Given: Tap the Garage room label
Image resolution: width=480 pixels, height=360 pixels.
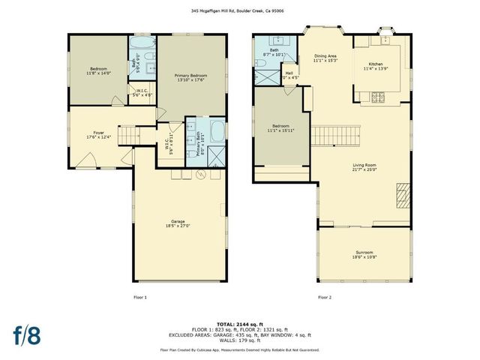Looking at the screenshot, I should [178, 223].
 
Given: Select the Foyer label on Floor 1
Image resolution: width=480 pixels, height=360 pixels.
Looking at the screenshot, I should [93, 135].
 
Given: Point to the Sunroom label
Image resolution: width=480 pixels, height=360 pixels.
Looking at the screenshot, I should [364, 254].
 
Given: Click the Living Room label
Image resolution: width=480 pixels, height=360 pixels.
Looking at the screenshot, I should [364, 168].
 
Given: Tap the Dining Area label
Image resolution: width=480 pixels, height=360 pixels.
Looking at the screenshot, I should [325, 58].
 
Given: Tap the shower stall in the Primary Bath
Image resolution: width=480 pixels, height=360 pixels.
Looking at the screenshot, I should [217, 155].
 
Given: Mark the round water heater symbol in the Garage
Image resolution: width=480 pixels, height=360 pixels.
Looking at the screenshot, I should [200, 175].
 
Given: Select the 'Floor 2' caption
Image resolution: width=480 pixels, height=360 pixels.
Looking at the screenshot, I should [324, 298].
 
